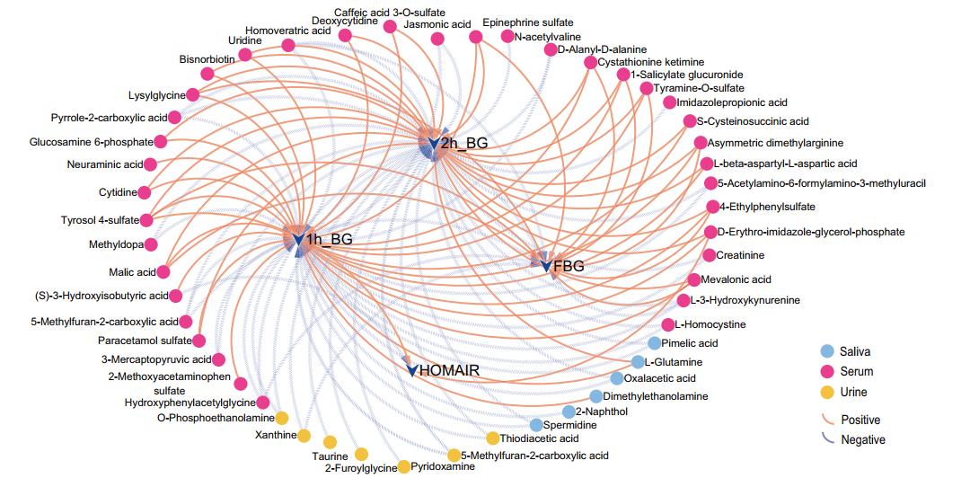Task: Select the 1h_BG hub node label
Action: [329, 239]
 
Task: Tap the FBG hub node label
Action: [569, 266]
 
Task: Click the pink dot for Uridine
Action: [244, 55]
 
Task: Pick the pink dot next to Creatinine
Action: [710, 256]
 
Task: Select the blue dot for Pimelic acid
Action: [654, 343]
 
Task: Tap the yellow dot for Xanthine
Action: [304, 436]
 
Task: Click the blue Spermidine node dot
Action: [536, 425]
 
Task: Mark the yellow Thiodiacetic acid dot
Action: [492, 438]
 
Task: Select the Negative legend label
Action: [862, 439]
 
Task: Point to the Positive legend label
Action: [860, 420]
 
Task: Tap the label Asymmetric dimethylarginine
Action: [775, 143]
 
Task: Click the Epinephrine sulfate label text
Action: [515, 22]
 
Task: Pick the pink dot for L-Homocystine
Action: [667, 324]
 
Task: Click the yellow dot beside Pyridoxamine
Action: [404, 466]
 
